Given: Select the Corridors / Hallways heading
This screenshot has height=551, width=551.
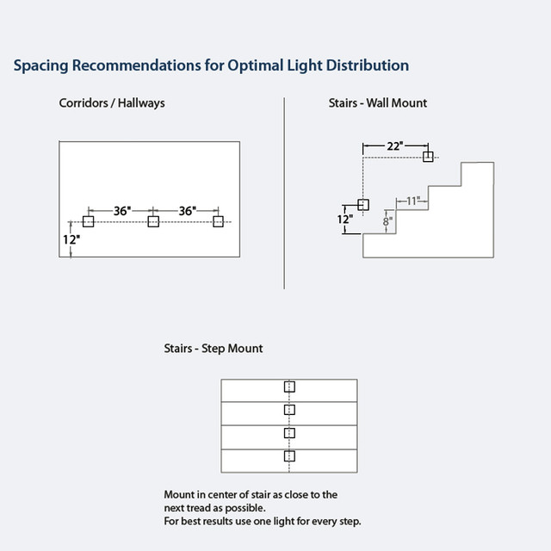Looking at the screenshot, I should click(x=112, y=102).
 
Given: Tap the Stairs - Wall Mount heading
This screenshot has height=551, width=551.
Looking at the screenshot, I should click(x=378, y=102).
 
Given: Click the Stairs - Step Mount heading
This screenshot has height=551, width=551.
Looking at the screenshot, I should click(x=213, y=349).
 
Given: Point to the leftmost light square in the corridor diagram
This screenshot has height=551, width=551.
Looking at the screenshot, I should click(x=88, y=221).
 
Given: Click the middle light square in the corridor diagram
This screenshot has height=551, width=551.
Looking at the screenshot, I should click(x=153, y=221).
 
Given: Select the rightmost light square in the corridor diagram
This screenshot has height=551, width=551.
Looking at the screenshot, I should click(x=218, y=221).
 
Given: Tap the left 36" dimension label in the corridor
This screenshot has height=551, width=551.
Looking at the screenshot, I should click(x=121, y=210).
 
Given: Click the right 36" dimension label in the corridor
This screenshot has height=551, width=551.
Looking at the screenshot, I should click(x=187, y=210).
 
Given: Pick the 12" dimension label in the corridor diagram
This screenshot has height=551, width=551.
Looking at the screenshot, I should click(x=71, y=239).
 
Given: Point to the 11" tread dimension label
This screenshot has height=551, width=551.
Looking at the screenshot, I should click(x=414, y=201).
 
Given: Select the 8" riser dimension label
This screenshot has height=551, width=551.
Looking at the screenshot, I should click(x=388, y=220).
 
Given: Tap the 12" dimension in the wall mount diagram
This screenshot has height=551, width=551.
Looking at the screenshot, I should click(x=345, y=219).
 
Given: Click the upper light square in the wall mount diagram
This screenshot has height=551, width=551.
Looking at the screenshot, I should click(x=428, y=156).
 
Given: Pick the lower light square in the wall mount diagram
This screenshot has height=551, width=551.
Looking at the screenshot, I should click(x=362, y=205).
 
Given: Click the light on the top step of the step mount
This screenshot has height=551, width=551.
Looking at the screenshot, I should click(x=289, y=387).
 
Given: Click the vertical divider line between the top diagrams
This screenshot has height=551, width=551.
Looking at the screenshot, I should click(x=284, y=194).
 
